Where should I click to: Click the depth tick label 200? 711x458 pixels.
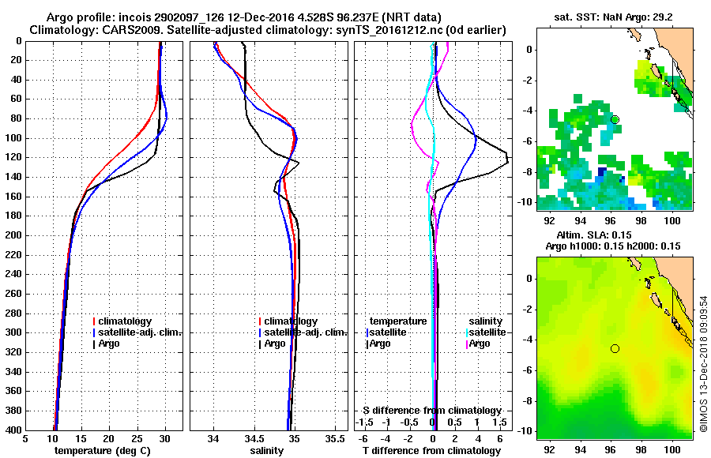click(x=12, y=235)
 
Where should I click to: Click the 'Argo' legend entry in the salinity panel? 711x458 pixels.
click(x=275, y=343)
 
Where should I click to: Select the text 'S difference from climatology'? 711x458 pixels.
click(x=432, y=411)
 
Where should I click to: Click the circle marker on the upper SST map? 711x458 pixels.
click(x=615, y=119)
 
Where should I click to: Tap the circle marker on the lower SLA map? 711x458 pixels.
click(x=615, y=348)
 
